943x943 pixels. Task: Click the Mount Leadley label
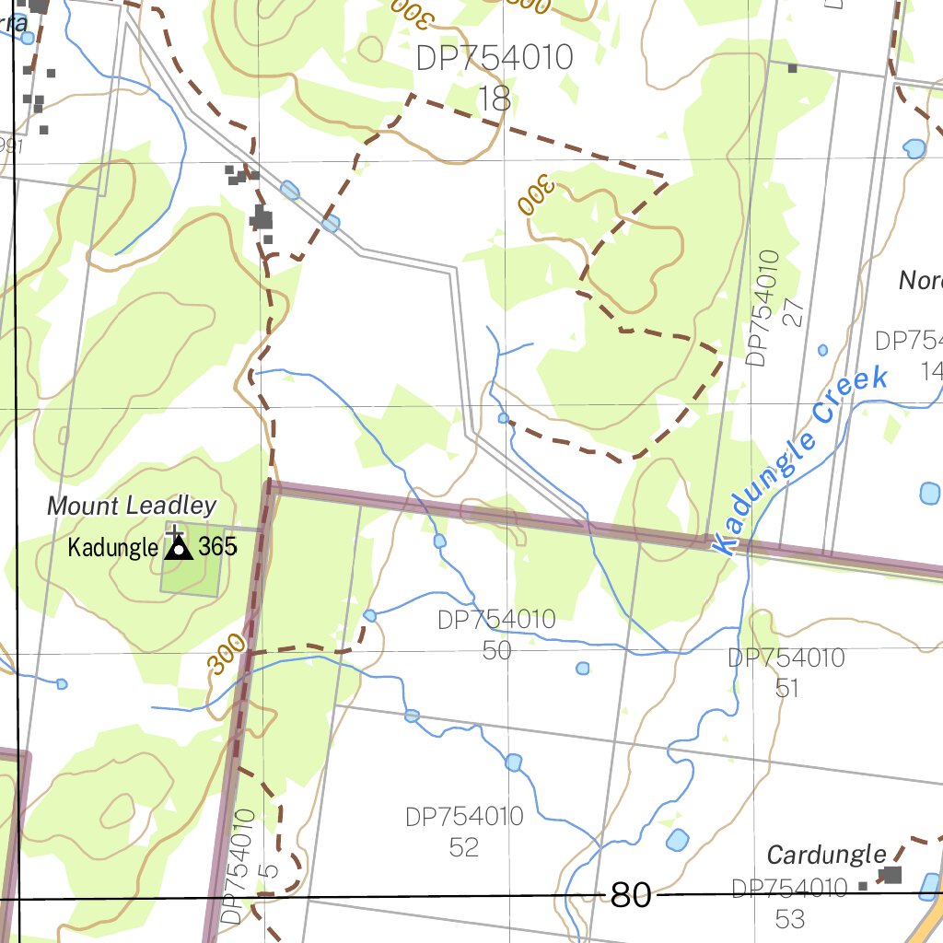point(132,506)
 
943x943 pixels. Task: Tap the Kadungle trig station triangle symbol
point(179,549)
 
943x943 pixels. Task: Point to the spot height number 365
point(218,547)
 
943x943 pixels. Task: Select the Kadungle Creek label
point(805,459)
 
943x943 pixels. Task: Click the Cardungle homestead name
point(826,855)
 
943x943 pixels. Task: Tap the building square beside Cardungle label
point(891,874)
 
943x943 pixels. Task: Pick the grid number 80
point(631,894)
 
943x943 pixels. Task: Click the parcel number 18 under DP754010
point(495,99)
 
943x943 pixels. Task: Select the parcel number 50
point(496,650)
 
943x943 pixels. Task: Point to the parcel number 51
point(786,688)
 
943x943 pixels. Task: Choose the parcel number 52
point(464,847)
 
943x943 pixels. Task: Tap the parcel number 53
point(789,918)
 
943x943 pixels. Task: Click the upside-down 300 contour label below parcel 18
point(534,196)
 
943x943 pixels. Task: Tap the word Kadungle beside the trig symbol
point(113,548)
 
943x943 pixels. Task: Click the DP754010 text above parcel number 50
point(496,620)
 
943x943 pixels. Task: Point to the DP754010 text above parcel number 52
point(464,817)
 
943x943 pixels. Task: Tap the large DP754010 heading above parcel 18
point(495,58)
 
